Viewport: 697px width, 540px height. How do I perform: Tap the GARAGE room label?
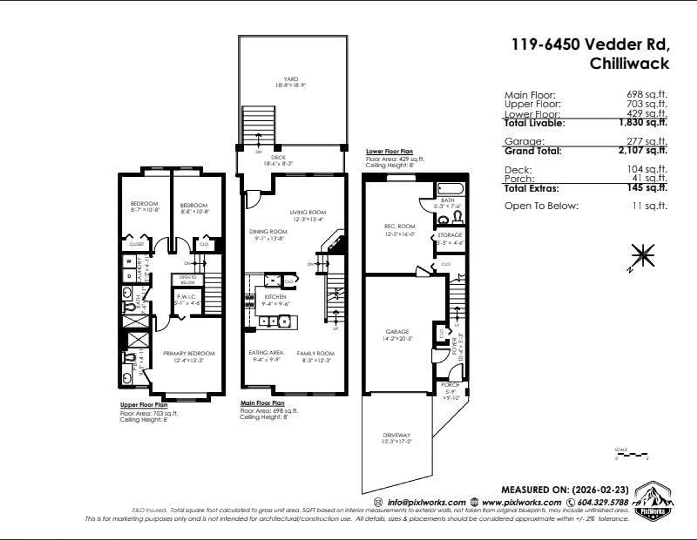tap(397, 332)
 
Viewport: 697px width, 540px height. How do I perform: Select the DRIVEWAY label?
tap(397, 435)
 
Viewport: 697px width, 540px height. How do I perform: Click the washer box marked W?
tap(129, 261)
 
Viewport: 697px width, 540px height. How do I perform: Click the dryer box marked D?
tap(129, 276)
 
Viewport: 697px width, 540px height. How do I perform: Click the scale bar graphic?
tap(631, 454)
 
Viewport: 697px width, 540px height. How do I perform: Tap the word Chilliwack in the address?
tap(629, 64)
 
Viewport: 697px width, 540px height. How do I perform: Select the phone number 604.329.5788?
tap(603, 502)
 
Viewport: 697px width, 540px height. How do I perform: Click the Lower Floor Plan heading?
tap(389, 151)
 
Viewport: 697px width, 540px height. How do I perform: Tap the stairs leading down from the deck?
tap(258, 125)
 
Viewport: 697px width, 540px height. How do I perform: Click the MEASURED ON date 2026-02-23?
tap(600, 490)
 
